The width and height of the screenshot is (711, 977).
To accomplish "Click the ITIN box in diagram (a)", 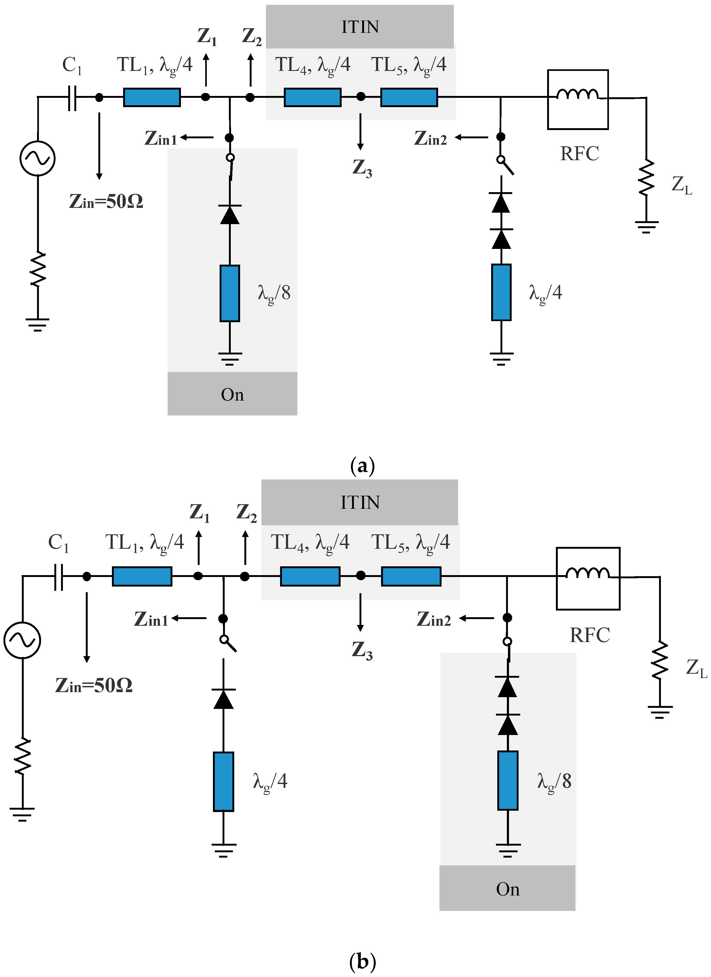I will tap(359, 27).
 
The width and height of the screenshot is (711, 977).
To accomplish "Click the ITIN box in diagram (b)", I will tap(359, 502).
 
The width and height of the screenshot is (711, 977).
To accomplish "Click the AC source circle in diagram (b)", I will tap(22, 640).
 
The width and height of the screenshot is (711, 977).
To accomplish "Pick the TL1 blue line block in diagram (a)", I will tap(152, 97).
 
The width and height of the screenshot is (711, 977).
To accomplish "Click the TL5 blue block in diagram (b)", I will tap(411, 576).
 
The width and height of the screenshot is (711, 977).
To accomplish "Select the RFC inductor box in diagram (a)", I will tap(577, 99).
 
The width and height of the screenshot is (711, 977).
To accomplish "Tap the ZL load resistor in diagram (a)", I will tap(646, 177).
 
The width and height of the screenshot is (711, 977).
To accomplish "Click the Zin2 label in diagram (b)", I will tap(434, 619).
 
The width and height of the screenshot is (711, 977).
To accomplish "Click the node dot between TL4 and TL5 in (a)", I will tap(361, 97).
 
